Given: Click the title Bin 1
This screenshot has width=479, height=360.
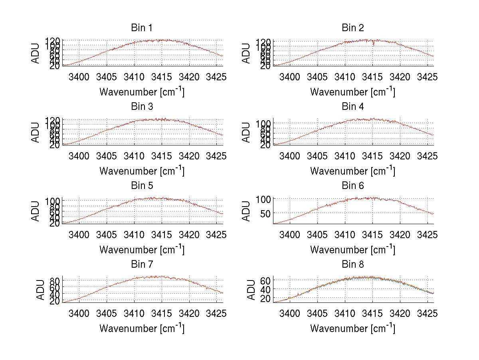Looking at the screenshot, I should (142, 28).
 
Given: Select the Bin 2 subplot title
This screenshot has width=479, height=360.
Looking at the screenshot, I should (352, 28).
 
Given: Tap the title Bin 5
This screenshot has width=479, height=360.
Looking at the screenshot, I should (142, 186).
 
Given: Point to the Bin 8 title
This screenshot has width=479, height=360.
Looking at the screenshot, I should (352, 265).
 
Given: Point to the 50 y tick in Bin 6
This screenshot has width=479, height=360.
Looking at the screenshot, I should (265, 214).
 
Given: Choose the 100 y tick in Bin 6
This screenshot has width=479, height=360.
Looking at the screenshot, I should (263, 199).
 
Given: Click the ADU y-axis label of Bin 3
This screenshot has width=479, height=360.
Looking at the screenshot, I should (36, 132).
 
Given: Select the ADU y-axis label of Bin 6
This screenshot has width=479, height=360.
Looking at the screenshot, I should (247, 211).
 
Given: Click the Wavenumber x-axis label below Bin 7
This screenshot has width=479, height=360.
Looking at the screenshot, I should (142, 328).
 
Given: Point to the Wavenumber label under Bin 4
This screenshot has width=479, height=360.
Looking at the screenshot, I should (352, 171).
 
